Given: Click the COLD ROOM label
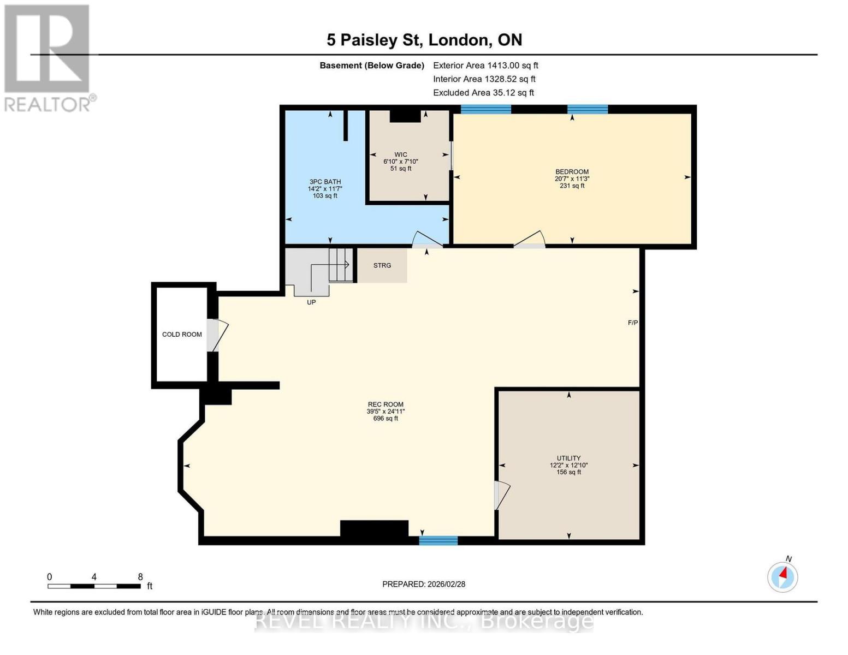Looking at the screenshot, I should [x=182, y=334].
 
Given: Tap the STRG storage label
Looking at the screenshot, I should [x=382, y=265].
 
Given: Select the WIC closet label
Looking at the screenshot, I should [x=401, y=154].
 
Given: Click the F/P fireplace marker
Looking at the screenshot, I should [x=633, y=323].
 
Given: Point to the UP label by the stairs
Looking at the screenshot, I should [x=311, y=302].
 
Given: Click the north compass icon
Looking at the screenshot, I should [x=782, y=576].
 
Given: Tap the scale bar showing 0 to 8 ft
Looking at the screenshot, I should [x=94, y=586].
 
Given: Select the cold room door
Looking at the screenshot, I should [x=216, y=335].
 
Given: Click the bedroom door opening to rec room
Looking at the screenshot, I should [x=530, y=240].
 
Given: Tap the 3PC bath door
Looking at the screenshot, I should [x=427, y=240].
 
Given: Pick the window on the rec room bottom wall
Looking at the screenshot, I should [x=438, y=540].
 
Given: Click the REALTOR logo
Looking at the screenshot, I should [x=48, y=57].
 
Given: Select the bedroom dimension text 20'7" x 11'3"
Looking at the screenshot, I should [x=572, y=178].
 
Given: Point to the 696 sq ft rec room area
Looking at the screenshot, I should [x=386, y=419].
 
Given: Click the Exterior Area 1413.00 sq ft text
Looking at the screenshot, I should [x=485, y=65].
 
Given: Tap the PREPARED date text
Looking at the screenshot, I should [x=424, y=584].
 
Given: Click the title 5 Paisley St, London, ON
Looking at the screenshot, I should [x=424, y=40].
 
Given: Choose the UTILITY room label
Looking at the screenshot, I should [x=568, y=458].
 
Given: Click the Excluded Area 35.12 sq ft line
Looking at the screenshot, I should [x=483, y=93].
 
